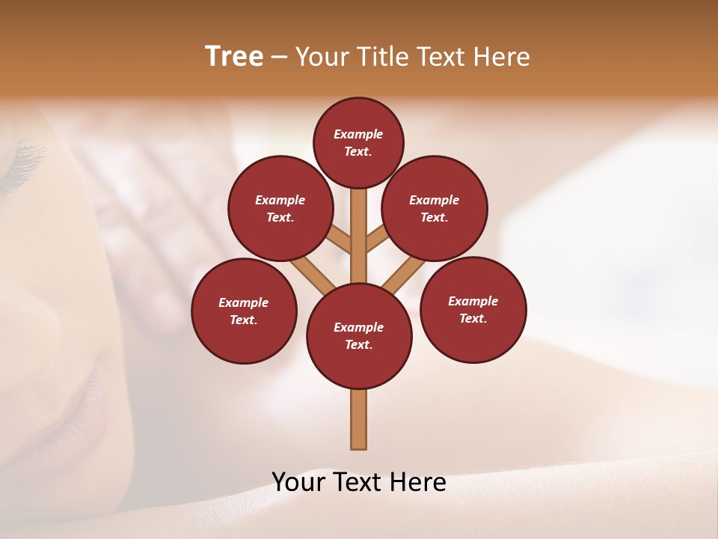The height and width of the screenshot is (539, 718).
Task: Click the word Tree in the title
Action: pos(234,57)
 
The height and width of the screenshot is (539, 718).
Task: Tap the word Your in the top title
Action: pos(322,57)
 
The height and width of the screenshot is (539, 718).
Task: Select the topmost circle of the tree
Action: pos(358,142)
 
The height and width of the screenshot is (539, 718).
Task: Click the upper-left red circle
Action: pos(280,208)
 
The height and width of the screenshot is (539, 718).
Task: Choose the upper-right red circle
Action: pos(435,208)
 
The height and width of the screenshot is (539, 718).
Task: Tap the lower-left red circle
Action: pos(244,311)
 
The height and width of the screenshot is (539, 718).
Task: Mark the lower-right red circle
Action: pos(473,309)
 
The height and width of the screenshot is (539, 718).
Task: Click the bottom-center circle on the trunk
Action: pos(359,335)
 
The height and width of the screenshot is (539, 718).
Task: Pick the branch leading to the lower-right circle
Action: pos(404,275)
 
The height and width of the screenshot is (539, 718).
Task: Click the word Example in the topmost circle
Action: pos(358,134)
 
